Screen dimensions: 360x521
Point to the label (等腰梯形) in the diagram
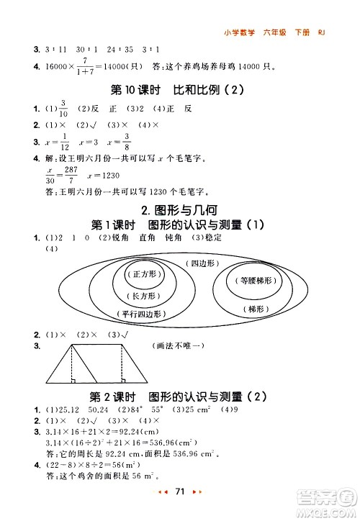tap(251, 281)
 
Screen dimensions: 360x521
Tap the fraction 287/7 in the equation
tap(70, 177)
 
